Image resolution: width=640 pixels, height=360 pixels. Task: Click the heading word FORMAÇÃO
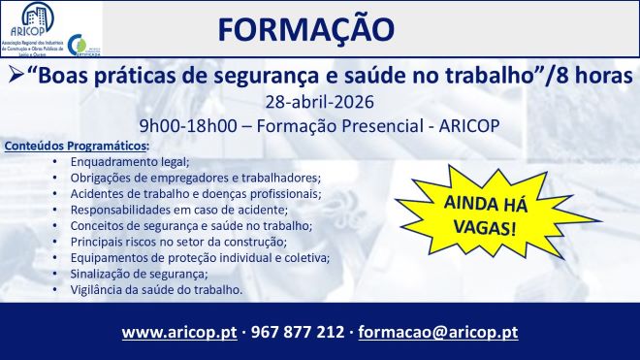pos(306,29)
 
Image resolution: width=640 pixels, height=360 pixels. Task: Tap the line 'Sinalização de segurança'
pos(153,274)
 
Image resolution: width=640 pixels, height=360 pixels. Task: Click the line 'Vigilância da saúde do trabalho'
pos(169,290)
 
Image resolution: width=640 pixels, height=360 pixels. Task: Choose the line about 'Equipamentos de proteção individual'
pos(200,258)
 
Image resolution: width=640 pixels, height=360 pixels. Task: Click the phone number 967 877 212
pos(297,332)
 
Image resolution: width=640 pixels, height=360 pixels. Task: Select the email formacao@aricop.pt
pos(438,332)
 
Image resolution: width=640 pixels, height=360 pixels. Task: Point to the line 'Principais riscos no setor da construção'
pos(192,242)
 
